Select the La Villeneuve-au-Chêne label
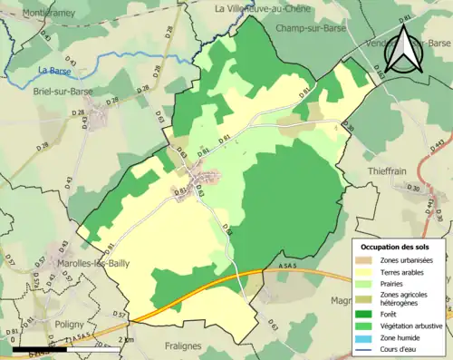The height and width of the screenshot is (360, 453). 265,8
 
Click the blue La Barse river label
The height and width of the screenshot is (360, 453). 53,71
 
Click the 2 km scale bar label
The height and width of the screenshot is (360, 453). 126,340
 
